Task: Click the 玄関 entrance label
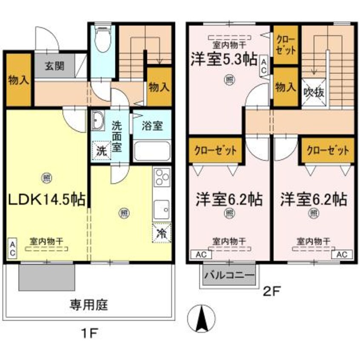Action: coord(54,66)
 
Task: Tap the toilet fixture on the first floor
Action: coord(102,40)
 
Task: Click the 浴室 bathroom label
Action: coord(152,126)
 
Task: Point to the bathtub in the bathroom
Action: coord(152,150)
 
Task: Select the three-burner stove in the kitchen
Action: coord(162,180)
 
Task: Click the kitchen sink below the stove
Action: coord(162,209)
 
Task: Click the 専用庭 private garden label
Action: coord(89,304)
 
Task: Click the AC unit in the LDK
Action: coord(13,249)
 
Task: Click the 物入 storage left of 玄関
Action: coord(18,80)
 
